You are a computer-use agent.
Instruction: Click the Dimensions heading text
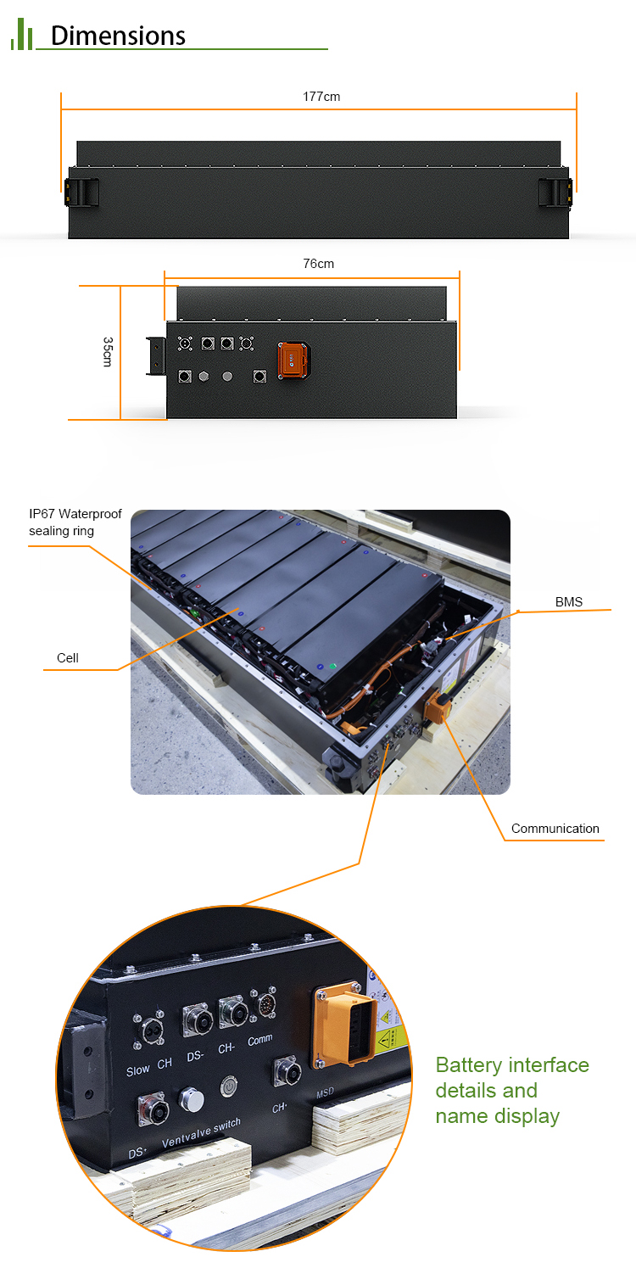click(x=118, y=36)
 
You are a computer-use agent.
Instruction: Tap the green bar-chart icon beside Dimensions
click(x=21, y=36)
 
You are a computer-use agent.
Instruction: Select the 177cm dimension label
click(x=321, y=97)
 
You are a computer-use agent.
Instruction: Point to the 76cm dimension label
click(x=319, y=264)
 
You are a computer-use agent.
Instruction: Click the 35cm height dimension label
click(x=108, y=352)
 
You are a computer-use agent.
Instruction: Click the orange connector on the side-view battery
click(x=293, y=358)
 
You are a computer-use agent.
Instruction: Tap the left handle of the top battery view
click(x=81, y=192)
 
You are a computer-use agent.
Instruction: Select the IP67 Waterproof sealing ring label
click(x=75, y=522)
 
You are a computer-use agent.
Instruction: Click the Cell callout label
click(x=67, y=658)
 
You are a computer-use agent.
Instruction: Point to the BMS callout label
click(x=569, y=602)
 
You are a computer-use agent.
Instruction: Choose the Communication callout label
click(x=555, y=829)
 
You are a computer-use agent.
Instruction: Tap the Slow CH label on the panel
click(x=148, y=1068)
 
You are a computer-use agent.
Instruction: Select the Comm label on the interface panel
click(x=260, y=1040)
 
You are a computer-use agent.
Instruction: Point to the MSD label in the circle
click(x=326, y=1094)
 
